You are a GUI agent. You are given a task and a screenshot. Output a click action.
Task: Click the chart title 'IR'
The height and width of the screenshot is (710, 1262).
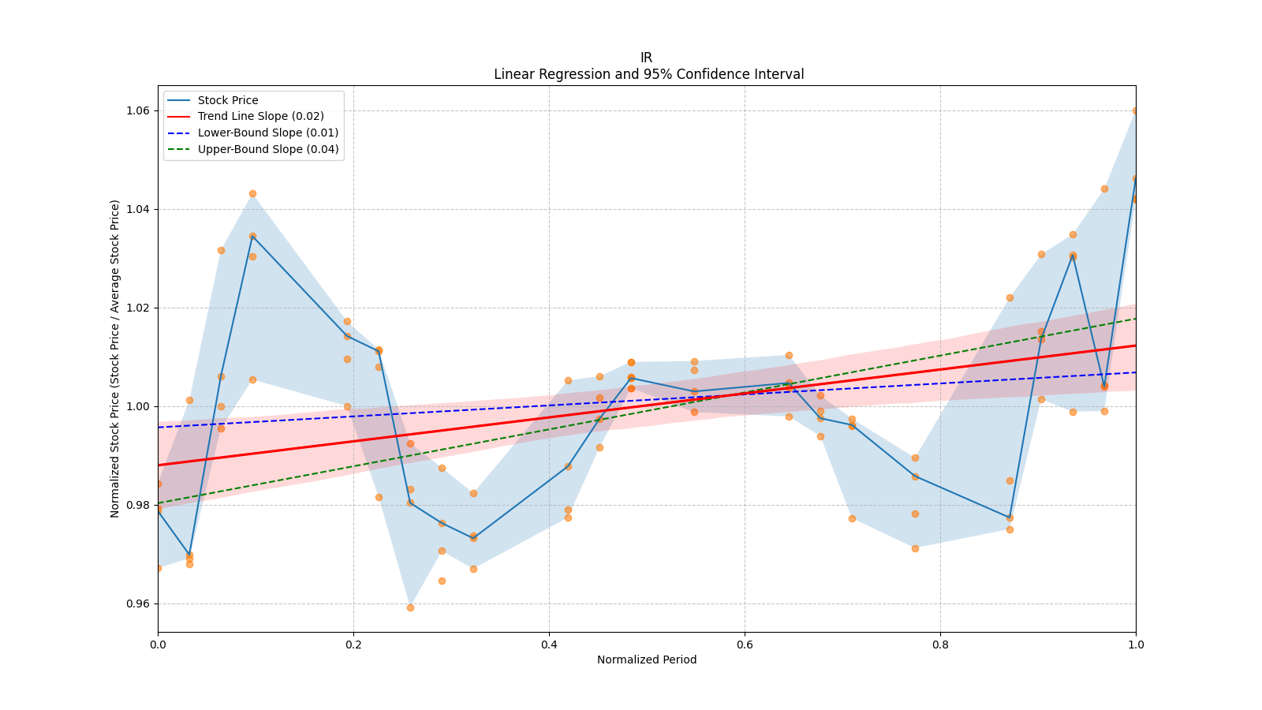coord(646,58)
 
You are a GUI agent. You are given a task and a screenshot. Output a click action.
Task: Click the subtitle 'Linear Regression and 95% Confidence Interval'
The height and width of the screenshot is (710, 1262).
coord(648,74)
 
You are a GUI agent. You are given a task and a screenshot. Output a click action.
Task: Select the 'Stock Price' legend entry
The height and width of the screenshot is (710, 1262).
coord(228,100)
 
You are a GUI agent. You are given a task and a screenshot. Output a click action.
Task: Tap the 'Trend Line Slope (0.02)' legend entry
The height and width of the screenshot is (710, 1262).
coord(260,116)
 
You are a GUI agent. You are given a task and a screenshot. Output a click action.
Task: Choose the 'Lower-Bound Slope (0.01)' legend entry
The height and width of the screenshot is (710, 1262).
coord(267,133)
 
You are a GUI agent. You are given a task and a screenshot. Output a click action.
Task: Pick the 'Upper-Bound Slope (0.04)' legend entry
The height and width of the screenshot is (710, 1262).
coord(268,149)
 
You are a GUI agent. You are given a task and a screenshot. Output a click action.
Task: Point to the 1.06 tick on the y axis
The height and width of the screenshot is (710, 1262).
coord(138,110)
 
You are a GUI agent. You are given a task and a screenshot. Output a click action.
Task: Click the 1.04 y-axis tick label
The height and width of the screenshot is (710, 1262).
coord(138,209)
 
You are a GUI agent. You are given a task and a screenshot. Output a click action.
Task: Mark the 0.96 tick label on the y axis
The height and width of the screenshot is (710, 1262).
coord(138,603)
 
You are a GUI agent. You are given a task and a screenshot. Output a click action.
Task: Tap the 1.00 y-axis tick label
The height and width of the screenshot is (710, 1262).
coord(138,406)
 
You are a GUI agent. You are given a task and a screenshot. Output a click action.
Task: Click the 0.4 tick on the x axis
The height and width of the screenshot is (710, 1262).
coord(549,645)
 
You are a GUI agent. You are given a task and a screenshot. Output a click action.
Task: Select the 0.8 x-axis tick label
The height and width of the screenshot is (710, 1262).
coord(940,645)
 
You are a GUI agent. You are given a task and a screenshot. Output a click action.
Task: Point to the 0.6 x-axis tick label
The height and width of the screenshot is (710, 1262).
coord(745,645)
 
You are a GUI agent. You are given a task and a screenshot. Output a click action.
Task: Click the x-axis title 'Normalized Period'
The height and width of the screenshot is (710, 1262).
coord(647,660)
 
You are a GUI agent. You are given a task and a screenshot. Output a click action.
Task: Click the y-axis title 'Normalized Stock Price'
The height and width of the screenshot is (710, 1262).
coord(115,358)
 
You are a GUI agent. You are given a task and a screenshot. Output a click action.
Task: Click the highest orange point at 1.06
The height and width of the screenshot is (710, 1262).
coord(1136,110)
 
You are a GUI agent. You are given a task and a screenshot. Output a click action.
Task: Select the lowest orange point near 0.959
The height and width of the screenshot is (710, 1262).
coord(410,607)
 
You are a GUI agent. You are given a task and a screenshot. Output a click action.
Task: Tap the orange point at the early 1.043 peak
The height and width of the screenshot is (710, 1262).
coord(252,193)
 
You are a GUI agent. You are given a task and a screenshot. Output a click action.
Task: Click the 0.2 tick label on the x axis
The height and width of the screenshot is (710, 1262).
coord(353,645)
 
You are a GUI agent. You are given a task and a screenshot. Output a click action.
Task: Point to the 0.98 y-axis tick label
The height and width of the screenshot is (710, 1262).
coord(138,505)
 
